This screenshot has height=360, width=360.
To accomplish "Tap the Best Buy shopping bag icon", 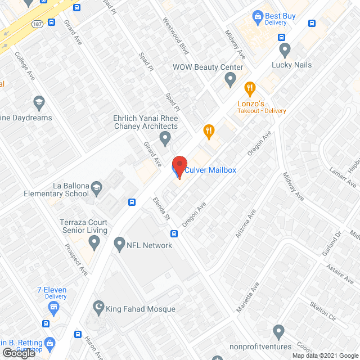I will (258, 16).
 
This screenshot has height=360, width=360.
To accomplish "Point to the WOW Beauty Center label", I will (208, 67).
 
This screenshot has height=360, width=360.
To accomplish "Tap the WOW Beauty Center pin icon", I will (229, 80).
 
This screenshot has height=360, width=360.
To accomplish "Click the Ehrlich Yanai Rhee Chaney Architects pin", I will (165, 137).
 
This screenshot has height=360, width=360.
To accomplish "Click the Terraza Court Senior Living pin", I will (94, 242).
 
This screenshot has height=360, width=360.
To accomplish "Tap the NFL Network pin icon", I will (119, 245).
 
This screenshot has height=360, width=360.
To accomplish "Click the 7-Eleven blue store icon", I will (53, 307).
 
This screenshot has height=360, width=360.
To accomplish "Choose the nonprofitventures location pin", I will (278, 330).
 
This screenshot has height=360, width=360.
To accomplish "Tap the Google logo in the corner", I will (19, 353).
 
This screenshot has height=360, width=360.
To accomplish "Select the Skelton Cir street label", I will (322, 312).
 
